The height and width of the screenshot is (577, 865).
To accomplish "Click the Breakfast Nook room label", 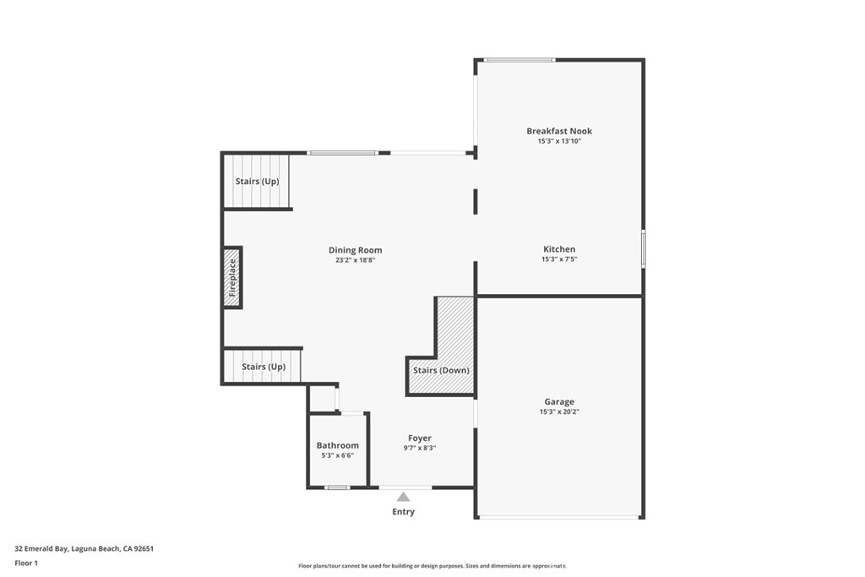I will [559, 131].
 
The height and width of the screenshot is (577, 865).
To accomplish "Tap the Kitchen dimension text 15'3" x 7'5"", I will [559, 259].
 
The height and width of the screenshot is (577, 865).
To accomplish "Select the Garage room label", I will [559, 402].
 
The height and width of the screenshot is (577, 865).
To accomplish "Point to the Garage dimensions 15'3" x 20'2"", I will [559, 412].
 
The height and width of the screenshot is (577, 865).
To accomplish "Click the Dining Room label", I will [355, 250].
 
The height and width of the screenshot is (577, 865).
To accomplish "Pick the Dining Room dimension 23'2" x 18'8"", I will [355, 260].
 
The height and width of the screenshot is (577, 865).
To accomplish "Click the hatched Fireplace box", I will [232, 277].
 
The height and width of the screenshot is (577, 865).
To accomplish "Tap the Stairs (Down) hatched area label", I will [441, 370].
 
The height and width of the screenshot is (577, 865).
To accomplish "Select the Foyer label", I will [420, 438].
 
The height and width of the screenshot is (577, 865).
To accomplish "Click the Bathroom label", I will [338, 445].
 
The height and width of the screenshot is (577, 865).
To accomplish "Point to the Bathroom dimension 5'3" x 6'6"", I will [338, 455].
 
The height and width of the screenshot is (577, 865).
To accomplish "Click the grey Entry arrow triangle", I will [404, 497].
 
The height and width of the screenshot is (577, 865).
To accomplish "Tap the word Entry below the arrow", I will [404, 512].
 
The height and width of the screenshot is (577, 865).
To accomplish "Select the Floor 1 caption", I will [26, 562].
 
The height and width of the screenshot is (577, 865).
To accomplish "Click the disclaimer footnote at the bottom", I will [432, 566].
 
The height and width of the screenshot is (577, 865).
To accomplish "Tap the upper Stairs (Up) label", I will [257, 182].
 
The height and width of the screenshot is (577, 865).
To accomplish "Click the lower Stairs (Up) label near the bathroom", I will [264, 367].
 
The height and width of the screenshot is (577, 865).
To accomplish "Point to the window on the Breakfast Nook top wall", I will [520, 60].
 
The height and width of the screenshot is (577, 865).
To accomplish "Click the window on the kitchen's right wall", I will [643, 249].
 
